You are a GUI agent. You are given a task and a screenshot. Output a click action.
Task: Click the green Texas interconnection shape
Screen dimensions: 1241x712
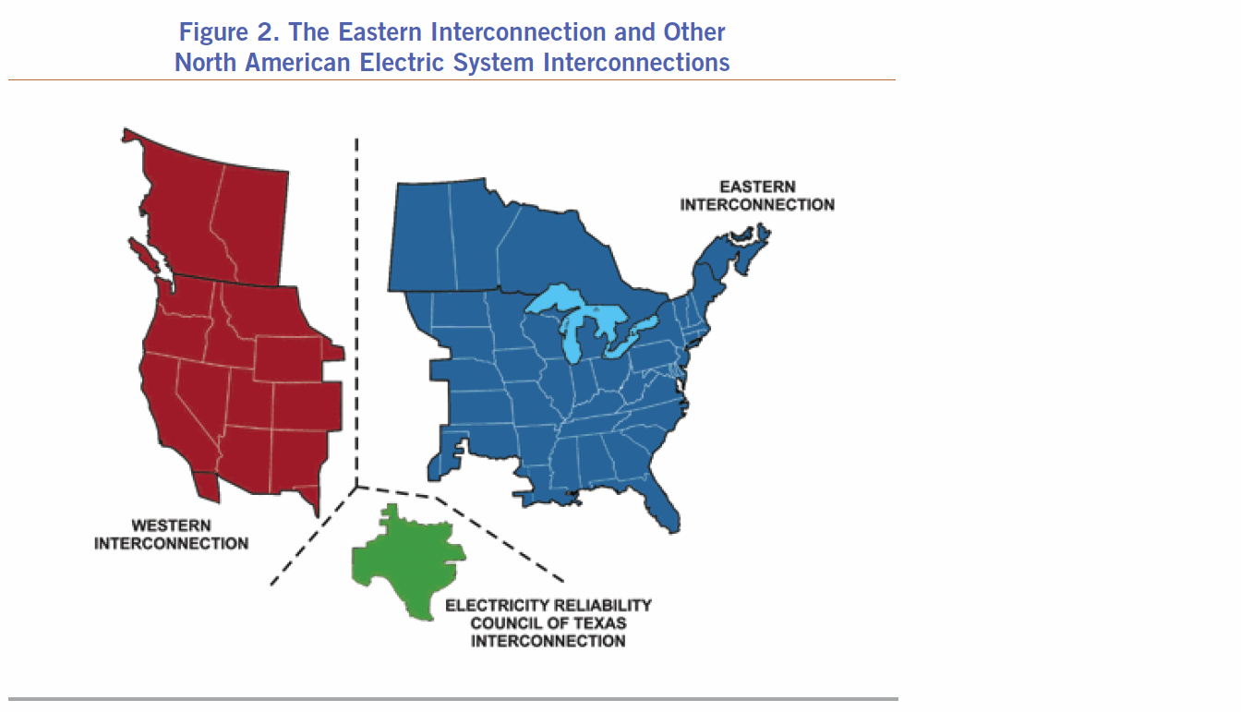pos(407,560)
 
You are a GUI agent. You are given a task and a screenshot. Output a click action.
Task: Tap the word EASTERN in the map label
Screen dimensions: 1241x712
pos(757,187)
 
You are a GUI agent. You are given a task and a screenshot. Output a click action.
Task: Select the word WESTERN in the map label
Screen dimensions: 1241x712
pos(171,525)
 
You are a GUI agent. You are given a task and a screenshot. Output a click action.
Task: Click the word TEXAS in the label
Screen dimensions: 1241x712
pos(599,623)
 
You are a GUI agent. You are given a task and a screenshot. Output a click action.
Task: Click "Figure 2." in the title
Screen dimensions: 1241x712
pos(229,32)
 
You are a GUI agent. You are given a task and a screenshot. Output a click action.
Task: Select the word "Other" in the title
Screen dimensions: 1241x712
pos(694,32)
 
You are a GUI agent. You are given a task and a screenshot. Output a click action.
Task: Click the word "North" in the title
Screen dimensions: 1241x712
pos(206,62)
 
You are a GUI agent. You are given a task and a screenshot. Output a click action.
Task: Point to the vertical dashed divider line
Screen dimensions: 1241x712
pos(356,312)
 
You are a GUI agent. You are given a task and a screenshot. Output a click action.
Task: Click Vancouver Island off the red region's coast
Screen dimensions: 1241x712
pos(143,254)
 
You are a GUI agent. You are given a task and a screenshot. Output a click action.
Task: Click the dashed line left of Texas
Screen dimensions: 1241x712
pos(314,536)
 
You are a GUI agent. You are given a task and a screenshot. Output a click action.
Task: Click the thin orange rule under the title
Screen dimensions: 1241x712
pos(452,79)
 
